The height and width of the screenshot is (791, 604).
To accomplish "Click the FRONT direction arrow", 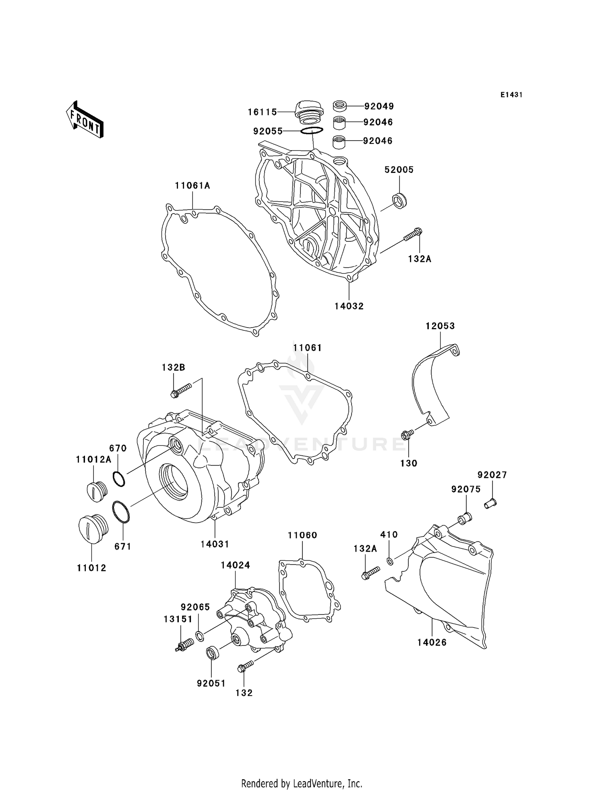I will [85, 120].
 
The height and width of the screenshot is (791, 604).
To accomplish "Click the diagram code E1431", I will [511, 95].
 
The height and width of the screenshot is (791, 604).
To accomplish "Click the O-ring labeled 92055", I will [312, 131].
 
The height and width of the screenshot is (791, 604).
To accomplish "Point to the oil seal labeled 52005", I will [399, 201].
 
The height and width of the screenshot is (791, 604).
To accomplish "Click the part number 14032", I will [349, 306].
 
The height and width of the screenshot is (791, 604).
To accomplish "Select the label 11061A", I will [192, 186].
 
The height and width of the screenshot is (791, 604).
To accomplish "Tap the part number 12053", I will [440, 326].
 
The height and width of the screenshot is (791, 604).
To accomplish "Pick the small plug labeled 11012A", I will [97, 491].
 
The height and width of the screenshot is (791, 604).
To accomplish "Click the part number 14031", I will [215, 544].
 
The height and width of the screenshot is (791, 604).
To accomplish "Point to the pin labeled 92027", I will [490, 503].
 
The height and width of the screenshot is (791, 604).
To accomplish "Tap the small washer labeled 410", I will [390, 561].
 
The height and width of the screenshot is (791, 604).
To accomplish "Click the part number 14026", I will [432, 642].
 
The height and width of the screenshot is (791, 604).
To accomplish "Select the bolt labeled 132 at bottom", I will [245, 667].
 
